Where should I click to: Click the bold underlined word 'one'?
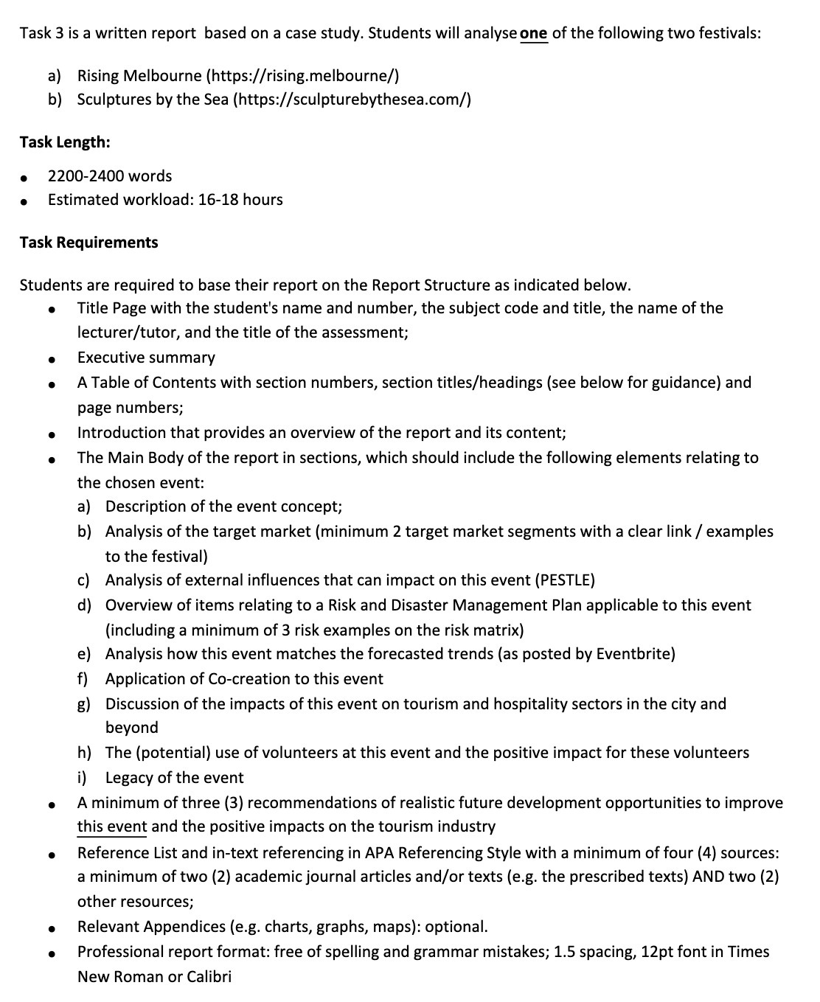[x=534, y=33]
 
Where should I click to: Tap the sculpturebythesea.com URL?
[x=352, y=99]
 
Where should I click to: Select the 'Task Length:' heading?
[x=65, y=142]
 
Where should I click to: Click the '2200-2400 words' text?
[x=110, y=175]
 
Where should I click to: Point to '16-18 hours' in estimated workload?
[x=240, y=199]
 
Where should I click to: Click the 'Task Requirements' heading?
[x=88, y=243]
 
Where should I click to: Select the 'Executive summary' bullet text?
[x=146, y=358]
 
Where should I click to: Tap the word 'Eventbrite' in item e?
[x=633, y=654]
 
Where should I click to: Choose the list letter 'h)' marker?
[x=84, y=753]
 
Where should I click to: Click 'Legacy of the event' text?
[x=174, y=778]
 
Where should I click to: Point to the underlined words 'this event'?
[x=112, y=827]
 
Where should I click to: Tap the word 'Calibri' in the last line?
[x=209, y=977]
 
